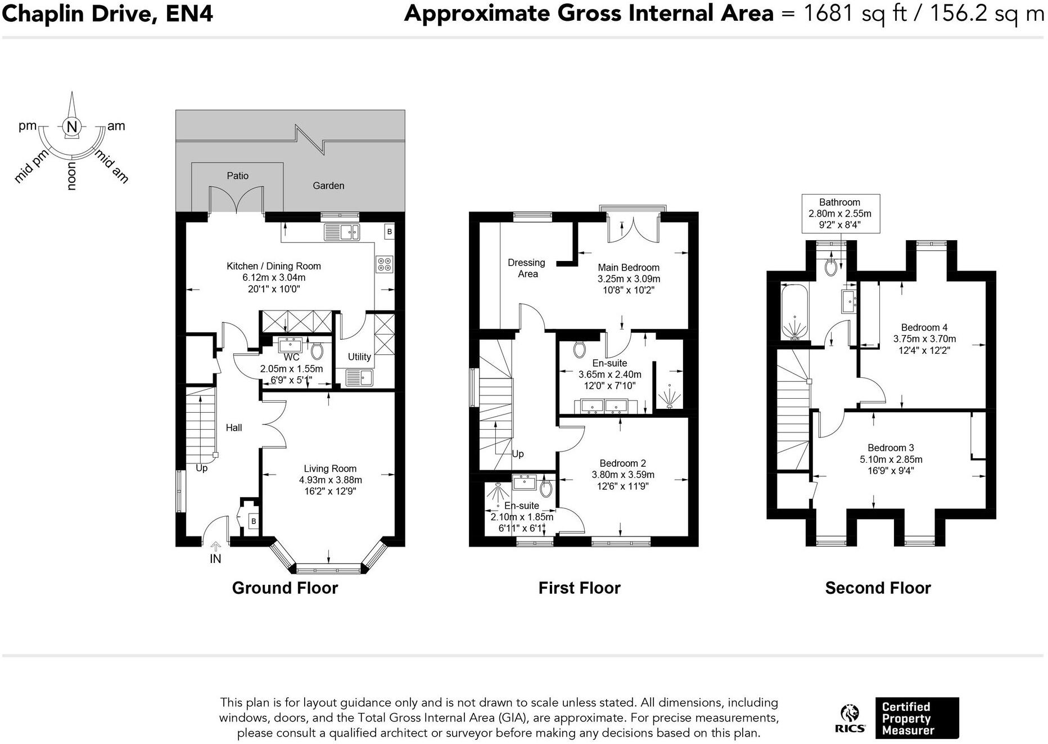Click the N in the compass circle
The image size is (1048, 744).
72,127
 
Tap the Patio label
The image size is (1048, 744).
237,176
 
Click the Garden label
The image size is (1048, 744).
328,186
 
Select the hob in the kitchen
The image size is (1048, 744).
385,264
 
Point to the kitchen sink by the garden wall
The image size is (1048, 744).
342,232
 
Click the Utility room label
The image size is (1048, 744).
359,357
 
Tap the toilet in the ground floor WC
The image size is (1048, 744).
317,351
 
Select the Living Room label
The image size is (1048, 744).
330,468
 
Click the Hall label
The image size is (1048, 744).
234,428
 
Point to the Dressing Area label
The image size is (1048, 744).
527,268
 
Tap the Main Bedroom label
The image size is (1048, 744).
629,268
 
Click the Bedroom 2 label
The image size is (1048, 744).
623,463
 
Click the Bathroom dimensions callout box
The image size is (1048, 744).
840,214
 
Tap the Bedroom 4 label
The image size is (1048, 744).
924,327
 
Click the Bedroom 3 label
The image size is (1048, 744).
891,448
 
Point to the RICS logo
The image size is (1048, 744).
850,719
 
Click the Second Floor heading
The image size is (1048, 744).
878,588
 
